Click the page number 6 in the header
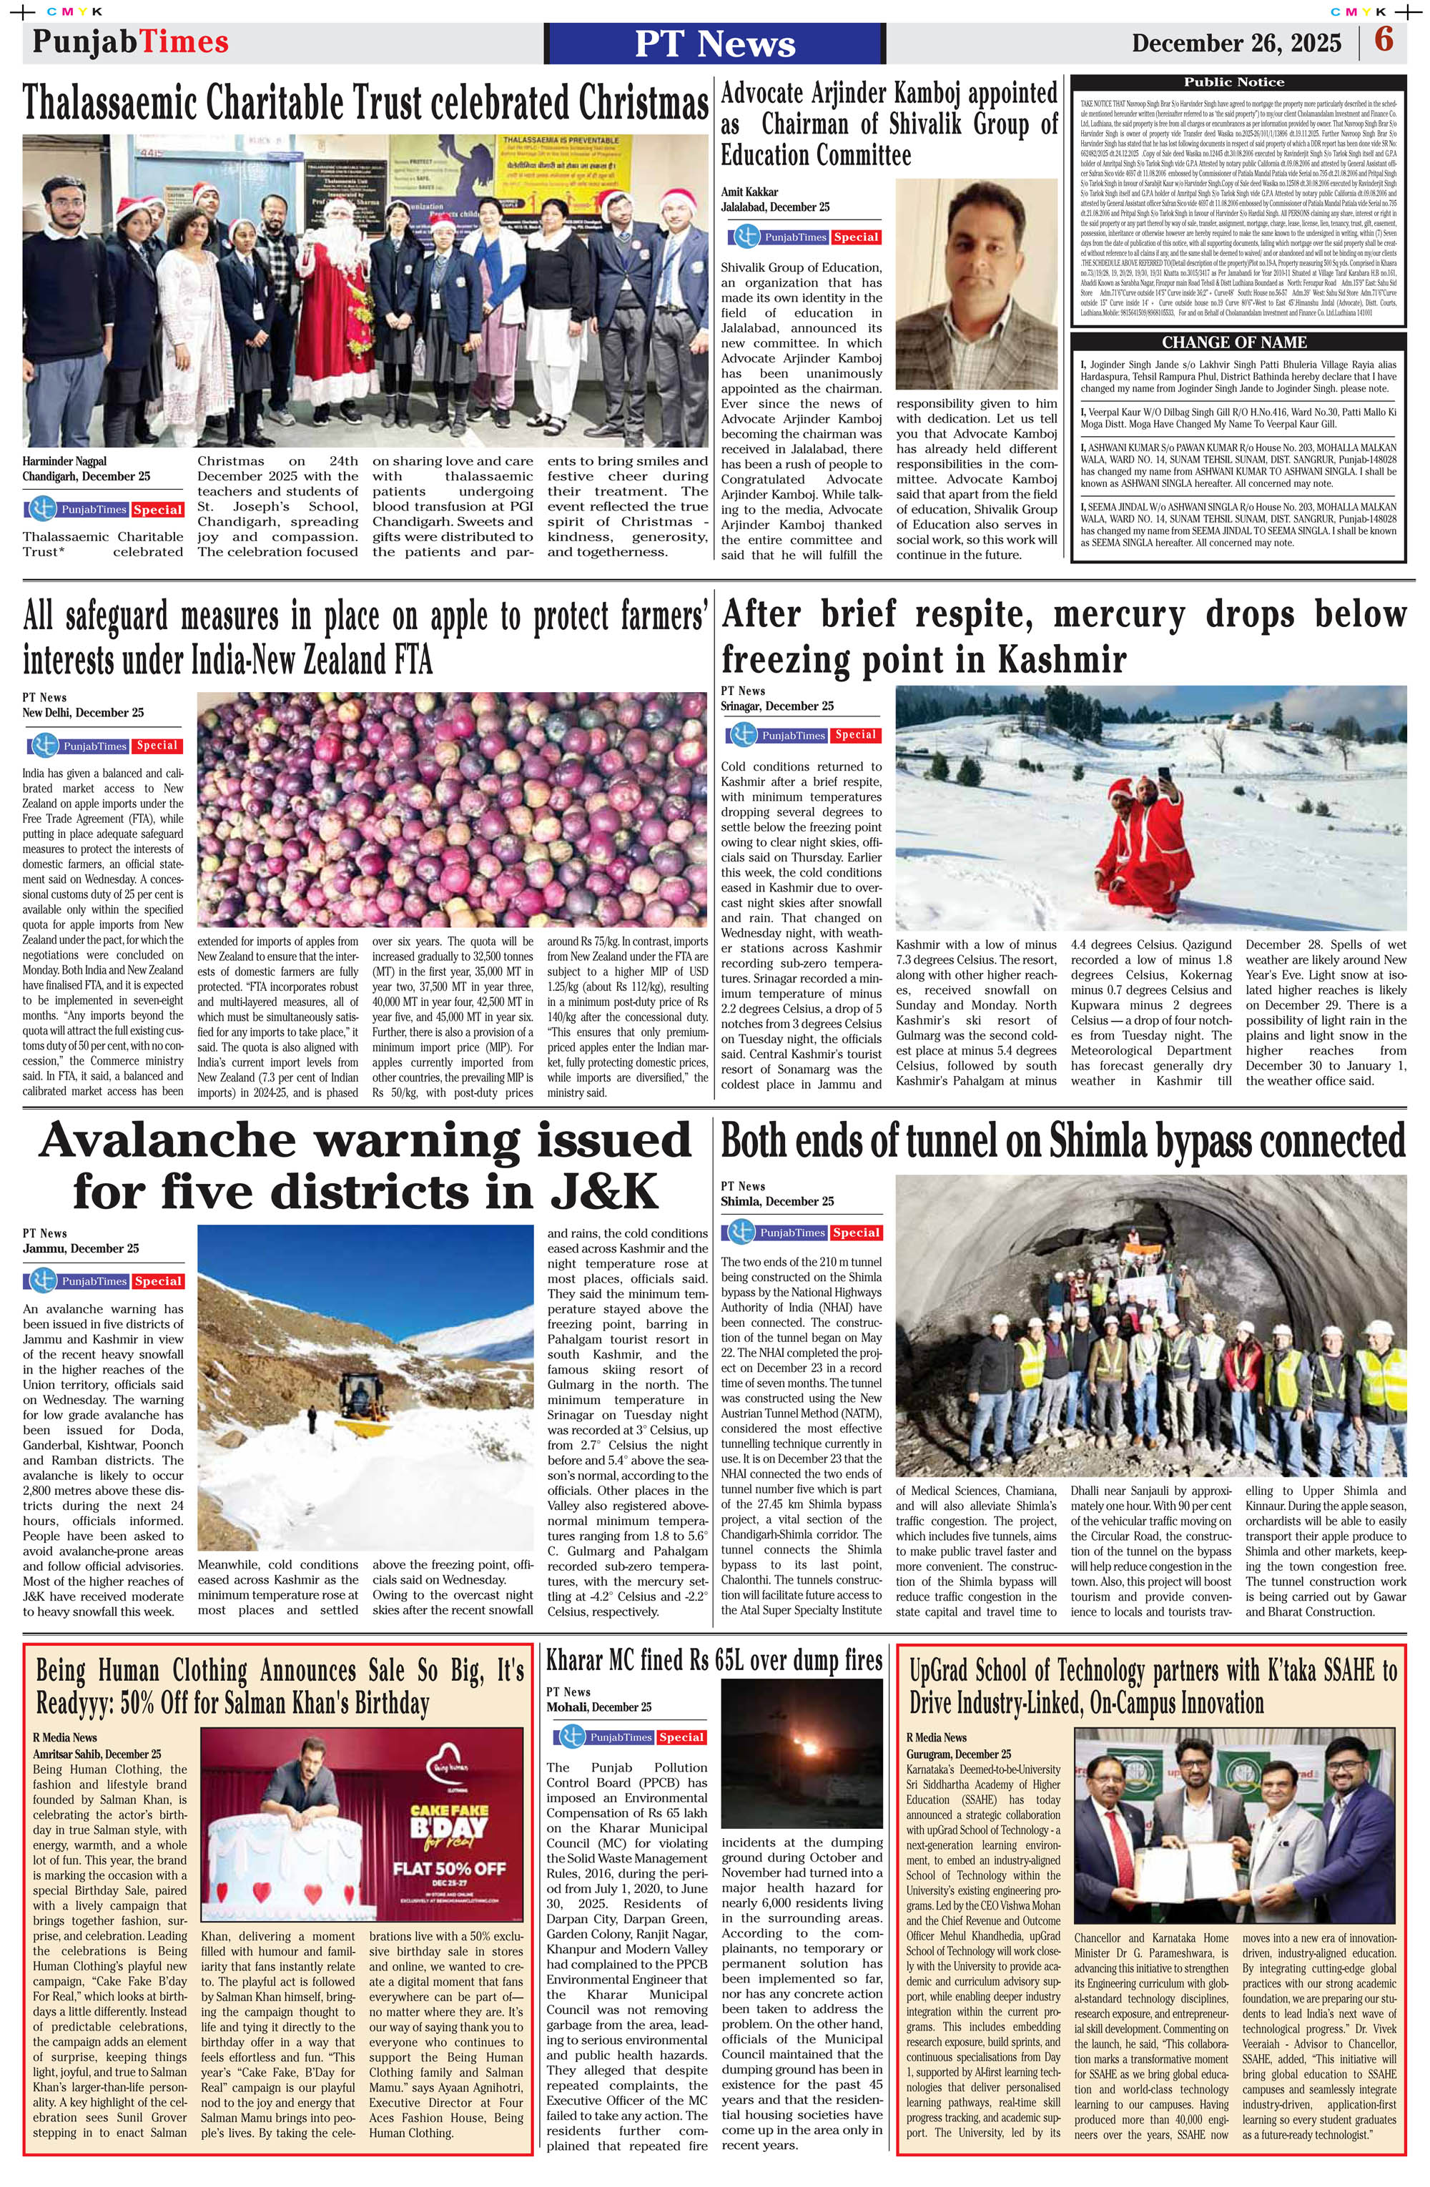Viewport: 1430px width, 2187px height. click(1383, 41)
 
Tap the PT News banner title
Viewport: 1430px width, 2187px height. click(714, 43)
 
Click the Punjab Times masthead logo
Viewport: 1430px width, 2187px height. click(129, 42)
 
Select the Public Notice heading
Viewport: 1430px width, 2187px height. click(1233, 82)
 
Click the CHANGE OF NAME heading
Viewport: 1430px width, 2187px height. click(1233, 342)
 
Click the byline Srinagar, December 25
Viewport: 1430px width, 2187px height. click(776, 706)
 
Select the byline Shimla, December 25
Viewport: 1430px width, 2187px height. click(776, 1202)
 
